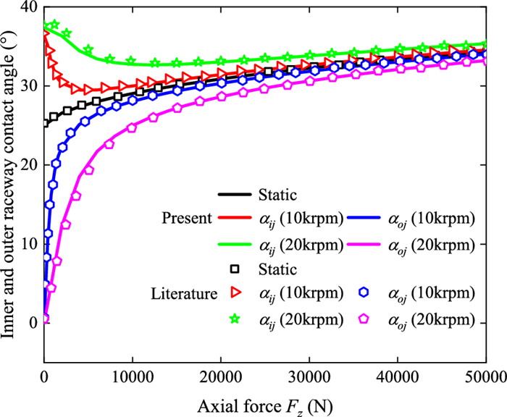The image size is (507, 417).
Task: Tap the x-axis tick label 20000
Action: tap(221, 378)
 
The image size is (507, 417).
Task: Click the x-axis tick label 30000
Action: tap(309, 378)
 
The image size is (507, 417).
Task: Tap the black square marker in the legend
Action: tap(234, 269)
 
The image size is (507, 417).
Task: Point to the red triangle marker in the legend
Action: tap(234, 294)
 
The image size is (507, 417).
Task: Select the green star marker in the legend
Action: tap(234, 319)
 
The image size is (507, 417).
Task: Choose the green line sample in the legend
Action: tap(234, 243)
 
